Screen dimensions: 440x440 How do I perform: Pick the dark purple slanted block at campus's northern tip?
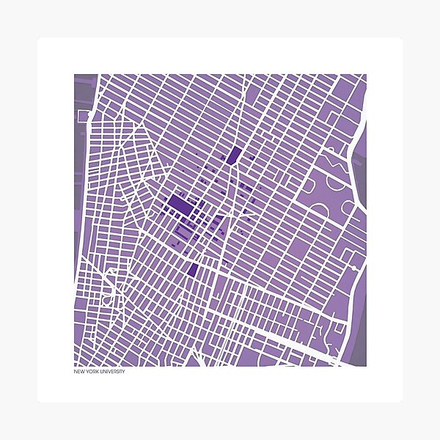235,155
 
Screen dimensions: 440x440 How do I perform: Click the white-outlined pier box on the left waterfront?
84,115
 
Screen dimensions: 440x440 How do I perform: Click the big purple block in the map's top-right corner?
345,92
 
